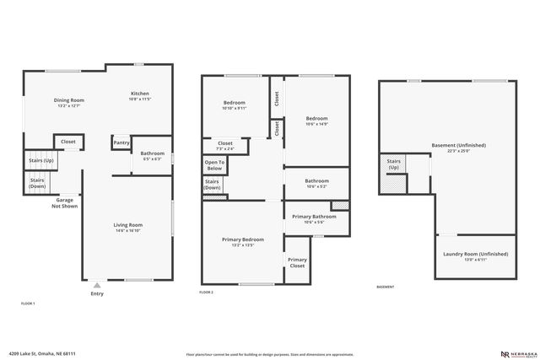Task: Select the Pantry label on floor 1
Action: click(121, 142)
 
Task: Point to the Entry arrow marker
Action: click(98, 286)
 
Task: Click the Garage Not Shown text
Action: click(64, 202)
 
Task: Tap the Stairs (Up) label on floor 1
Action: click(41, 160)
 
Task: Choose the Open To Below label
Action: click(214, 164)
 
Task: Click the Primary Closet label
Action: click(296, 263)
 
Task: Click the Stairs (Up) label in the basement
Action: click(394, 164)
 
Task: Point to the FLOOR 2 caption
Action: click(207, 292)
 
